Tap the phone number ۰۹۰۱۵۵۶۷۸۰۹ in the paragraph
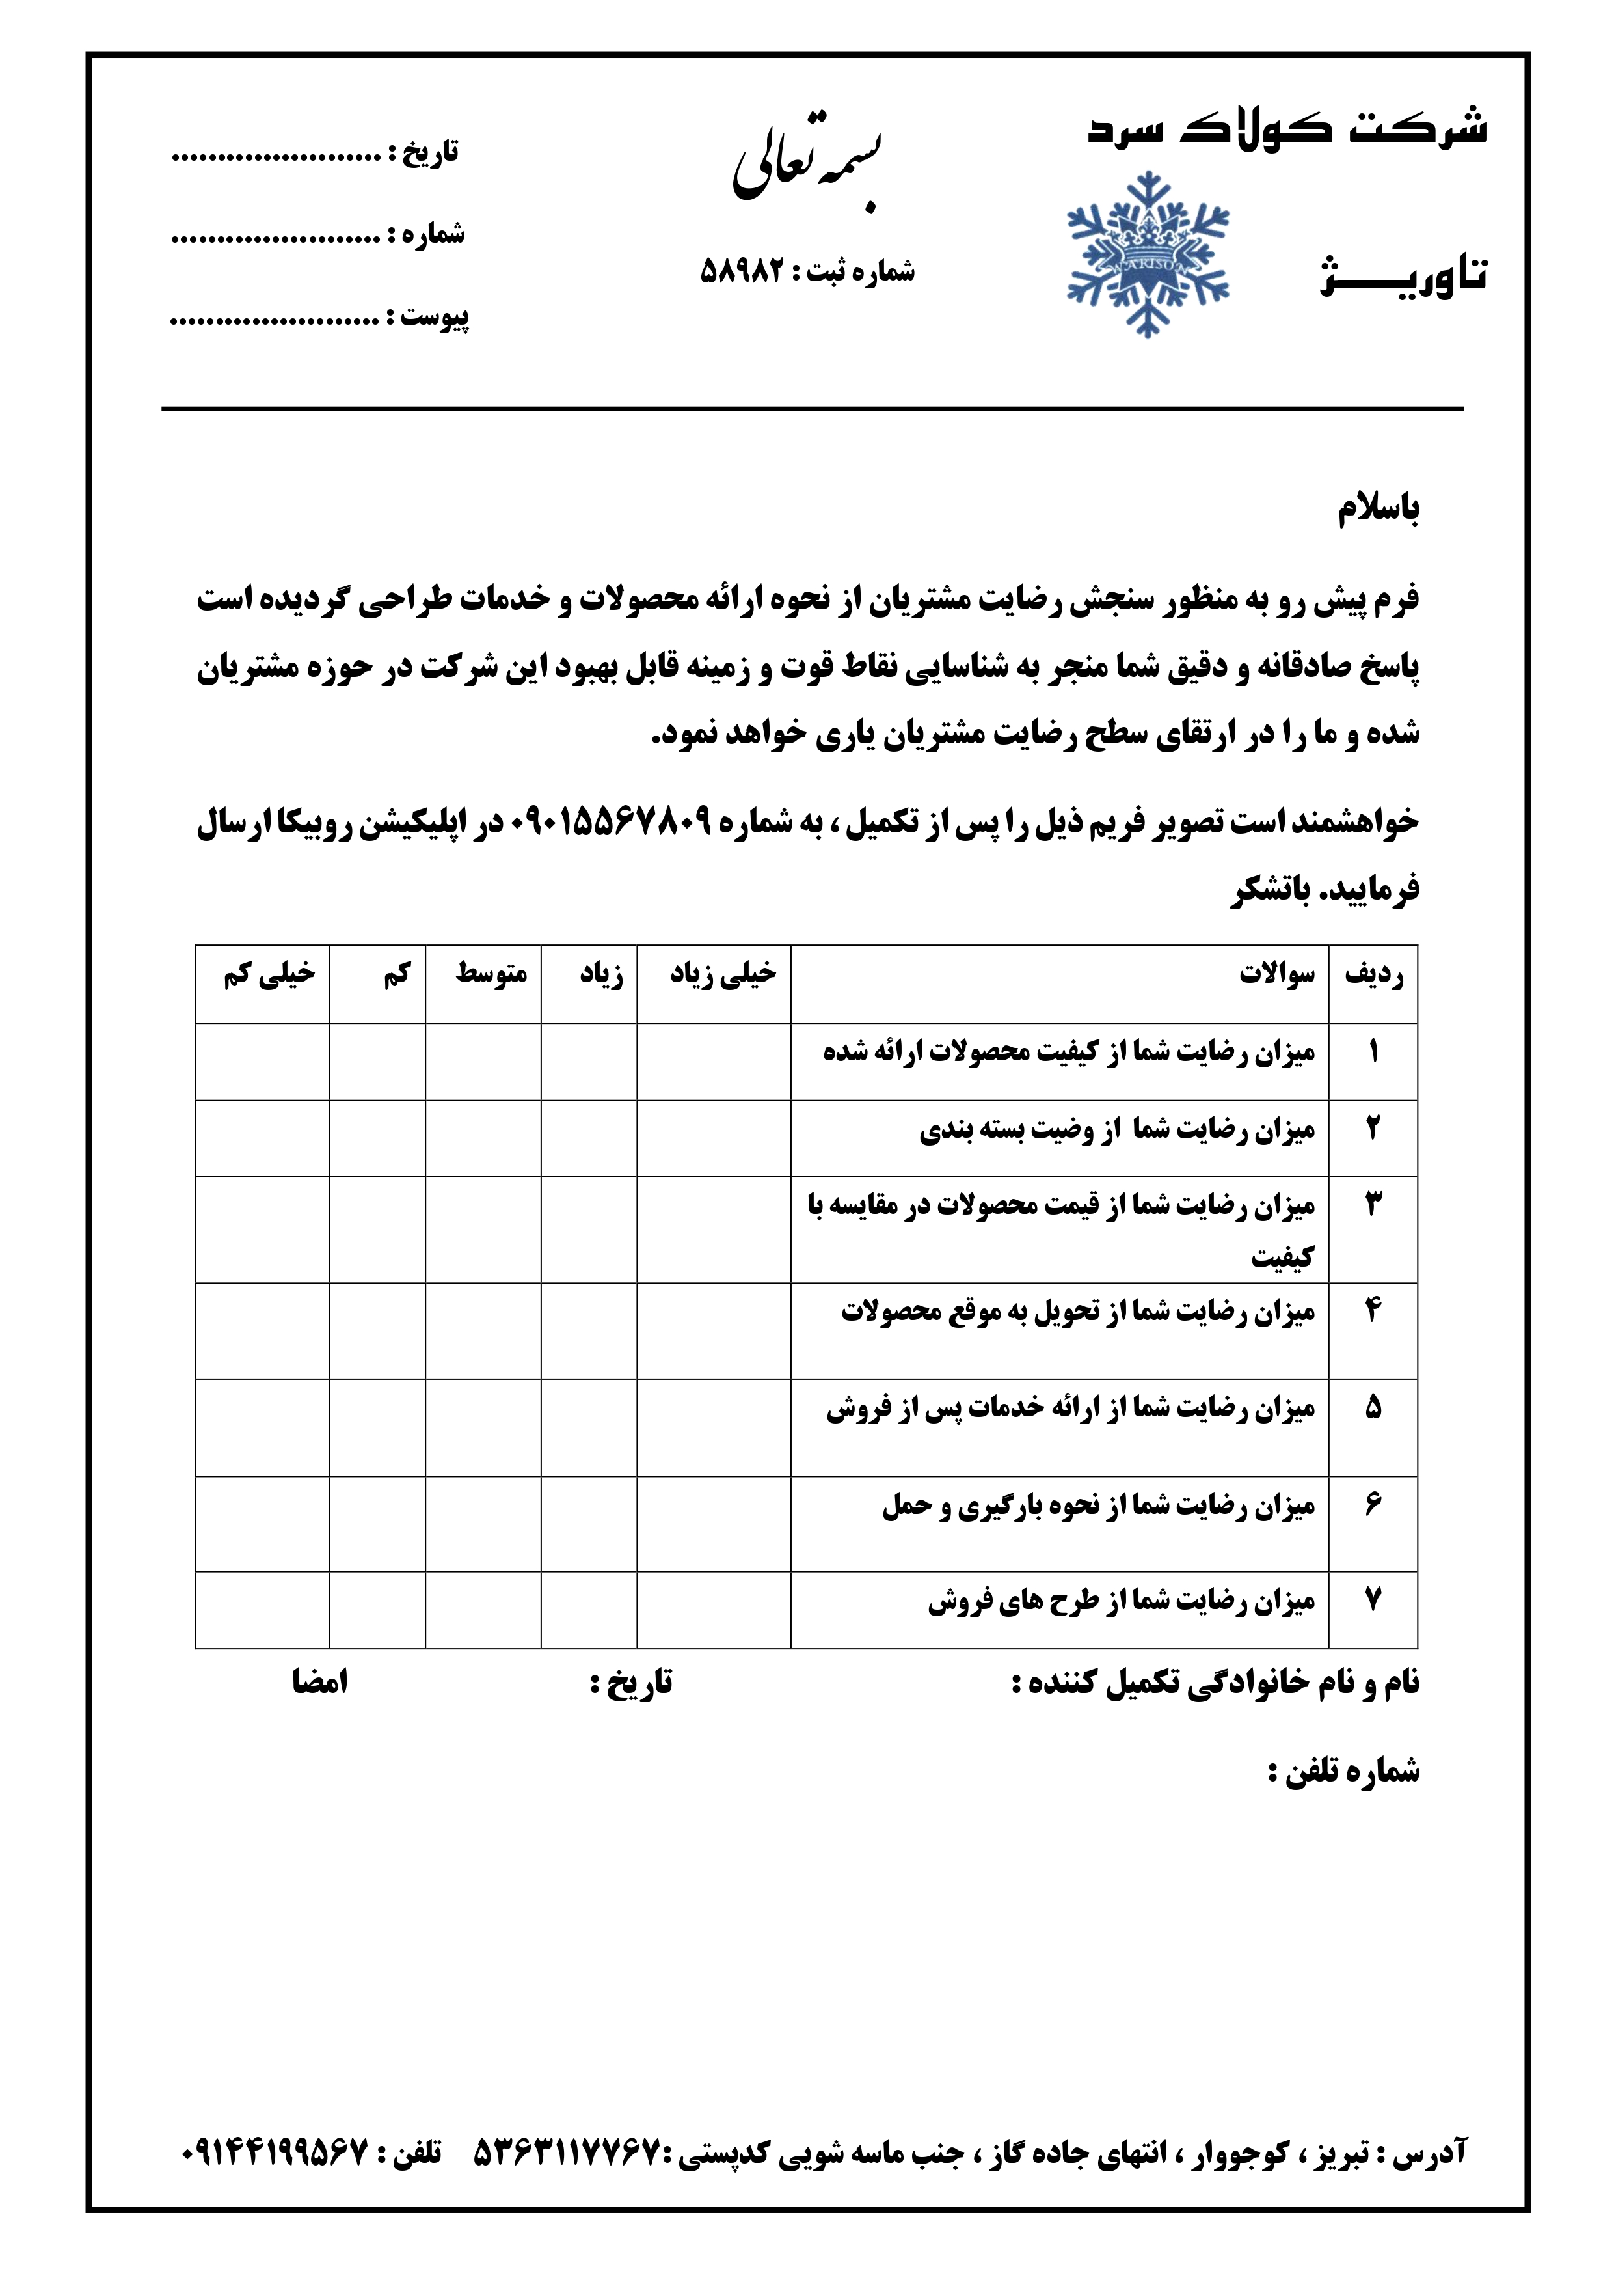coord(611,821)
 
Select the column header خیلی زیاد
coord(722,974)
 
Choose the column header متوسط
coord(491,974)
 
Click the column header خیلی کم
coord(269,974)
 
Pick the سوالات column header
coord(1276,974)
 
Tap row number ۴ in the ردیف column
coord(1373,1311)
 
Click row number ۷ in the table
coord(1373,1601)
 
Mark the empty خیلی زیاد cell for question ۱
coord(713,1060)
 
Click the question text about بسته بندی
coord(1117,1130)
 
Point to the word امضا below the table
coord(319,1682)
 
